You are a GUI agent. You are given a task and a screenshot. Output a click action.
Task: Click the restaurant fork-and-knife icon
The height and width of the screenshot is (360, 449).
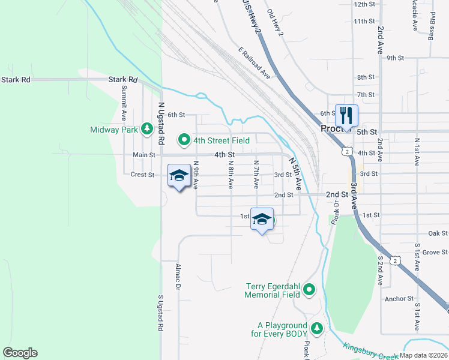346,115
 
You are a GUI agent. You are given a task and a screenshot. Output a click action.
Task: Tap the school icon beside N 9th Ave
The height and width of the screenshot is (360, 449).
178,176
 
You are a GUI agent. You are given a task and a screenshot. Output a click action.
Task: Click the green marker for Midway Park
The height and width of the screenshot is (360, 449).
146,128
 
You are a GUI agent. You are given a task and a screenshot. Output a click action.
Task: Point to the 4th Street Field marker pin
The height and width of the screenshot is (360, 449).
184,140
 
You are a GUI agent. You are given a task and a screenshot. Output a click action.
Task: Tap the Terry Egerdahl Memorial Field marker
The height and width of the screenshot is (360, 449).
309,290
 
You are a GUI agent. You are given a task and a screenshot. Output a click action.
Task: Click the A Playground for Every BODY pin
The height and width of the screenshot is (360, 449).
316,329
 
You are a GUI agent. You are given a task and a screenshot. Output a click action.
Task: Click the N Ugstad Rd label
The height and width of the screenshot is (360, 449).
161,124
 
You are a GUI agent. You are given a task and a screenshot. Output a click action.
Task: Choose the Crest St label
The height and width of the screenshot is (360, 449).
143,175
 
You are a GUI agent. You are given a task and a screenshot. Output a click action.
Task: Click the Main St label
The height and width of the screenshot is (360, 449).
144,155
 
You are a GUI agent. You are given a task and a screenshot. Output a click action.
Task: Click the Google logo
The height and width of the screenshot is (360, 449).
20,353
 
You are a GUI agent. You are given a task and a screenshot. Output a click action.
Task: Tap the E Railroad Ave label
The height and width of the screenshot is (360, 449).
255,64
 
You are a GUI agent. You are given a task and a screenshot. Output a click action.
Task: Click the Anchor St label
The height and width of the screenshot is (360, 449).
400,298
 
